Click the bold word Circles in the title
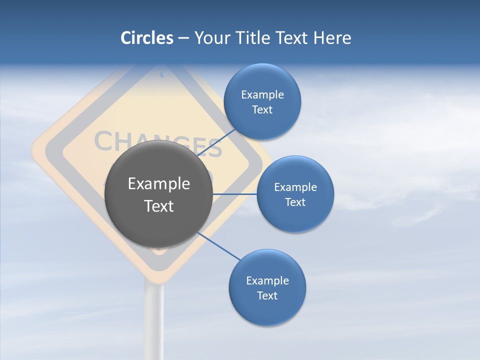click(147, 38)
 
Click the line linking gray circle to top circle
click(217, 142)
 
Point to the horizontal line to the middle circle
click(235, 194)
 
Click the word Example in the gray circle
click(159, 184)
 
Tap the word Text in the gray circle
click(159, 206)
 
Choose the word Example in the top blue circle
click(262, 95)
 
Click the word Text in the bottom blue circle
click(267, 296)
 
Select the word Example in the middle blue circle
click(295, 187)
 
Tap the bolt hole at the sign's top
click(162, 75)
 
